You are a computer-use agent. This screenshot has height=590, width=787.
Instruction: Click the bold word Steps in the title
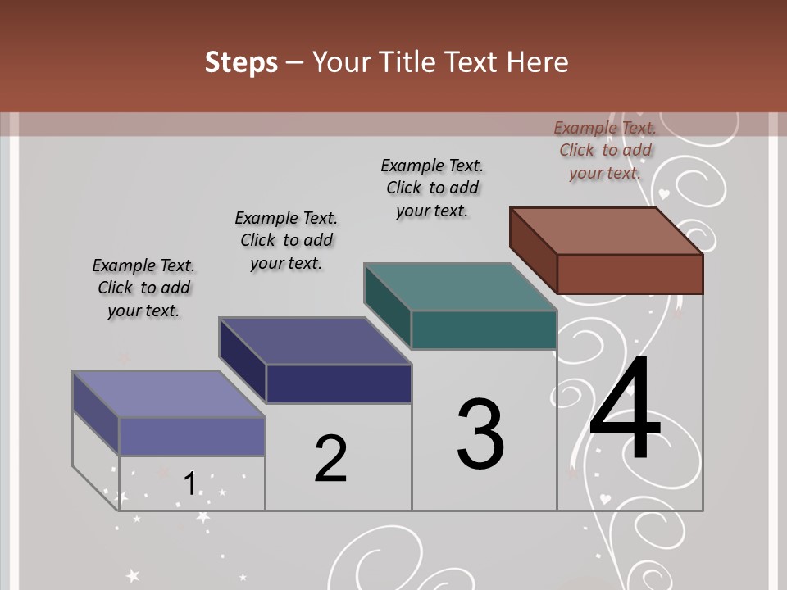(x=241, y=62)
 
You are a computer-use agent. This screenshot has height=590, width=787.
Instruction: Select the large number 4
(x=625, y=410)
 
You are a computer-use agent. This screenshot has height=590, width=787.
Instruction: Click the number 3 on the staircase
(x=480, y=434)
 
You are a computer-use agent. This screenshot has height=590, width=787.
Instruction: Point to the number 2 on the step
(x=330, y=459)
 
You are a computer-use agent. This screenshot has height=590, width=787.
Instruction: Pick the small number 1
(x=189, y=483)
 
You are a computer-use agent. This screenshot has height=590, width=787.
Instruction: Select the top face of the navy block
(x=315, y=341)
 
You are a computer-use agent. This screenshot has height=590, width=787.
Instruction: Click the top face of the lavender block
(x=169, y=394)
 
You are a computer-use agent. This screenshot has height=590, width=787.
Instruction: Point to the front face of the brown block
(x=630, y=274)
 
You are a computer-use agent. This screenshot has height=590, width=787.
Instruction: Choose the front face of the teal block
(x=484, y=329)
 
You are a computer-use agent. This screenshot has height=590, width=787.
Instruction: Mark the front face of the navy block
(x=339, y=383)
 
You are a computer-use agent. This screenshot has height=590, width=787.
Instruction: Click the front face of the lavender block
(x=192, y=436)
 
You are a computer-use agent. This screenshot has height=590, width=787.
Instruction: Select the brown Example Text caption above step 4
(x=605, y=150)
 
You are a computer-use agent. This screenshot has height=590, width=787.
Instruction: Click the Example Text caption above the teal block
(x=432, y=188)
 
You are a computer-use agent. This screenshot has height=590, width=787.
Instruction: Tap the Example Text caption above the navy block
(x=286, y=240)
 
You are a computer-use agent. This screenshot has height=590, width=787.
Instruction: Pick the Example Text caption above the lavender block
(x=143, y=288)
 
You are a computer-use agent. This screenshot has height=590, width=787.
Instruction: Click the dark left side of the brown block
(x=533, y=250)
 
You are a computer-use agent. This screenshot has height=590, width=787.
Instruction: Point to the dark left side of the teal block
(x=387, y=305)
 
